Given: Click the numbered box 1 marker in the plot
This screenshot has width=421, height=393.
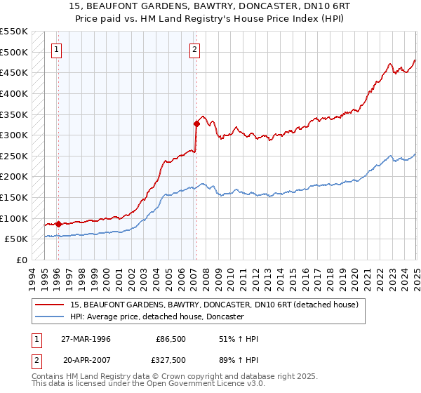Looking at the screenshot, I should [56, 49].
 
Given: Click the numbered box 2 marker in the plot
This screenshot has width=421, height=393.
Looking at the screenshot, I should [194, 49].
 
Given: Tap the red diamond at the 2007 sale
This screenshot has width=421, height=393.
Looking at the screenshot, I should [196, 124].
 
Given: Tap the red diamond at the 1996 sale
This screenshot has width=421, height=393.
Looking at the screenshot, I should [58, 224].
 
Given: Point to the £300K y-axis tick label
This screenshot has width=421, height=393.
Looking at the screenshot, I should [13, 135].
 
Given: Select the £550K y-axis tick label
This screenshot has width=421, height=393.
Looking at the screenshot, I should [13, 32].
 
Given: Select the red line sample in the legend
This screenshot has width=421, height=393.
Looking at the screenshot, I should [51, 305].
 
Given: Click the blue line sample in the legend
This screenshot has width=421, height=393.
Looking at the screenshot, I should [51, 317].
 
